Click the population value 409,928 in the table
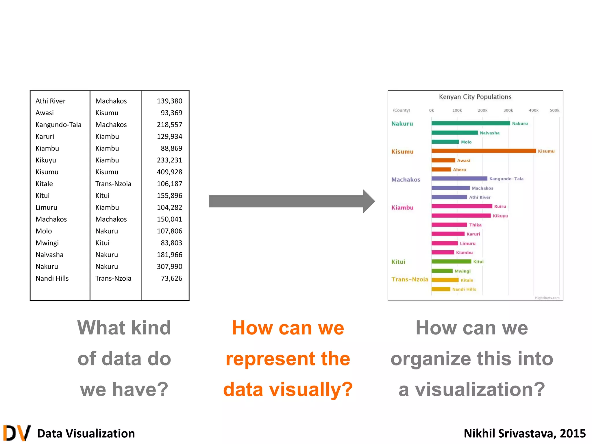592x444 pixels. (169, 172)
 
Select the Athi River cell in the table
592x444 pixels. (50, 101)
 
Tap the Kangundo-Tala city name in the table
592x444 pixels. (58, 125)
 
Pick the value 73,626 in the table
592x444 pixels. (171, 278)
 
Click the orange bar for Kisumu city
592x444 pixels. (483, 151)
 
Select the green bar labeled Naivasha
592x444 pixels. (454, 133)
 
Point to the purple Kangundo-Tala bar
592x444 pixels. (459, 179)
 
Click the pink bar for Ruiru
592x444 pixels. (462, 206)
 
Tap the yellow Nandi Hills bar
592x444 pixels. (441, 289)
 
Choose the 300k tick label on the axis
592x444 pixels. (508, 110)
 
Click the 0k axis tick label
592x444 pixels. (431, 110)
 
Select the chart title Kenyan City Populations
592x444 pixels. (475, 97)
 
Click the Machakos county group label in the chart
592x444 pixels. (406, 180)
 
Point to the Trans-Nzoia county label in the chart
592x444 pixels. (410, 279)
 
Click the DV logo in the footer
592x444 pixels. (17, 433)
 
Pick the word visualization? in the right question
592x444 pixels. (480, 389)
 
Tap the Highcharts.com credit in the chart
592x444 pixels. (547, 298)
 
